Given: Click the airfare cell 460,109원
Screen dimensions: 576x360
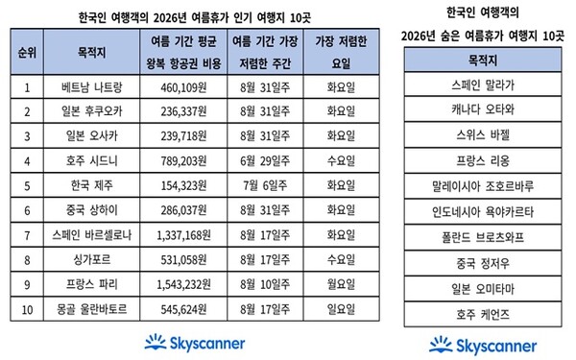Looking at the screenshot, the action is (183, 87).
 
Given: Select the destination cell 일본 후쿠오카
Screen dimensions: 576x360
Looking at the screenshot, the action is (91, 111).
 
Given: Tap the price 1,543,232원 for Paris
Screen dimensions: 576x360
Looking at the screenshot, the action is (183, 285).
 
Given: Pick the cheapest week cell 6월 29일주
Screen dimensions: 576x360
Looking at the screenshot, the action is (265, 161).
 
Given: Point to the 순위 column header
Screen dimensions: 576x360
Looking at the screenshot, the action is (27, 53).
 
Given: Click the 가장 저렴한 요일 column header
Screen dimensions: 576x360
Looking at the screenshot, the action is (341, 52).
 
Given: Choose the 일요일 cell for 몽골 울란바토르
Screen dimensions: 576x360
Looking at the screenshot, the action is (341, 309).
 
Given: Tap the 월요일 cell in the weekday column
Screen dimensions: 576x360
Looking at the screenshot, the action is (341, 285).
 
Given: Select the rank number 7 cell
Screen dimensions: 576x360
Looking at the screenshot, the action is (27, 235).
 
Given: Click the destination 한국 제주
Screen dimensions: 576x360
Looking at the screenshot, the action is (91, 185).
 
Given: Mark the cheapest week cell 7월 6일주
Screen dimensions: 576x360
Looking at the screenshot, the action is (265, 185).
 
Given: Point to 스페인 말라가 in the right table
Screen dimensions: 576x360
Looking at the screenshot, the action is (483, 85).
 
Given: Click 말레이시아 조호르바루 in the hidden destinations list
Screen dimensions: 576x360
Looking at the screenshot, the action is (483, 186).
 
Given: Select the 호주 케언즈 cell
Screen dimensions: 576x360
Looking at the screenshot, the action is (483, 315).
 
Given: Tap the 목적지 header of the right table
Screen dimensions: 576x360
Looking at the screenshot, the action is (483, 60).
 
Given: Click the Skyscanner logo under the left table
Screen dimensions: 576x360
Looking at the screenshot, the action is (195, 343).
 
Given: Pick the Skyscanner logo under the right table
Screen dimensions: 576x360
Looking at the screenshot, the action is (483, 346).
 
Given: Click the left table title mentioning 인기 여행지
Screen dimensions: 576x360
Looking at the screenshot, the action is (195, 17).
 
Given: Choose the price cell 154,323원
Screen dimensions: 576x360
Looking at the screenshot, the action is (183, 185).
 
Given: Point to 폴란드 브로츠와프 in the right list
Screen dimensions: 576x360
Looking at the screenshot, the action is (483, 238).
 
